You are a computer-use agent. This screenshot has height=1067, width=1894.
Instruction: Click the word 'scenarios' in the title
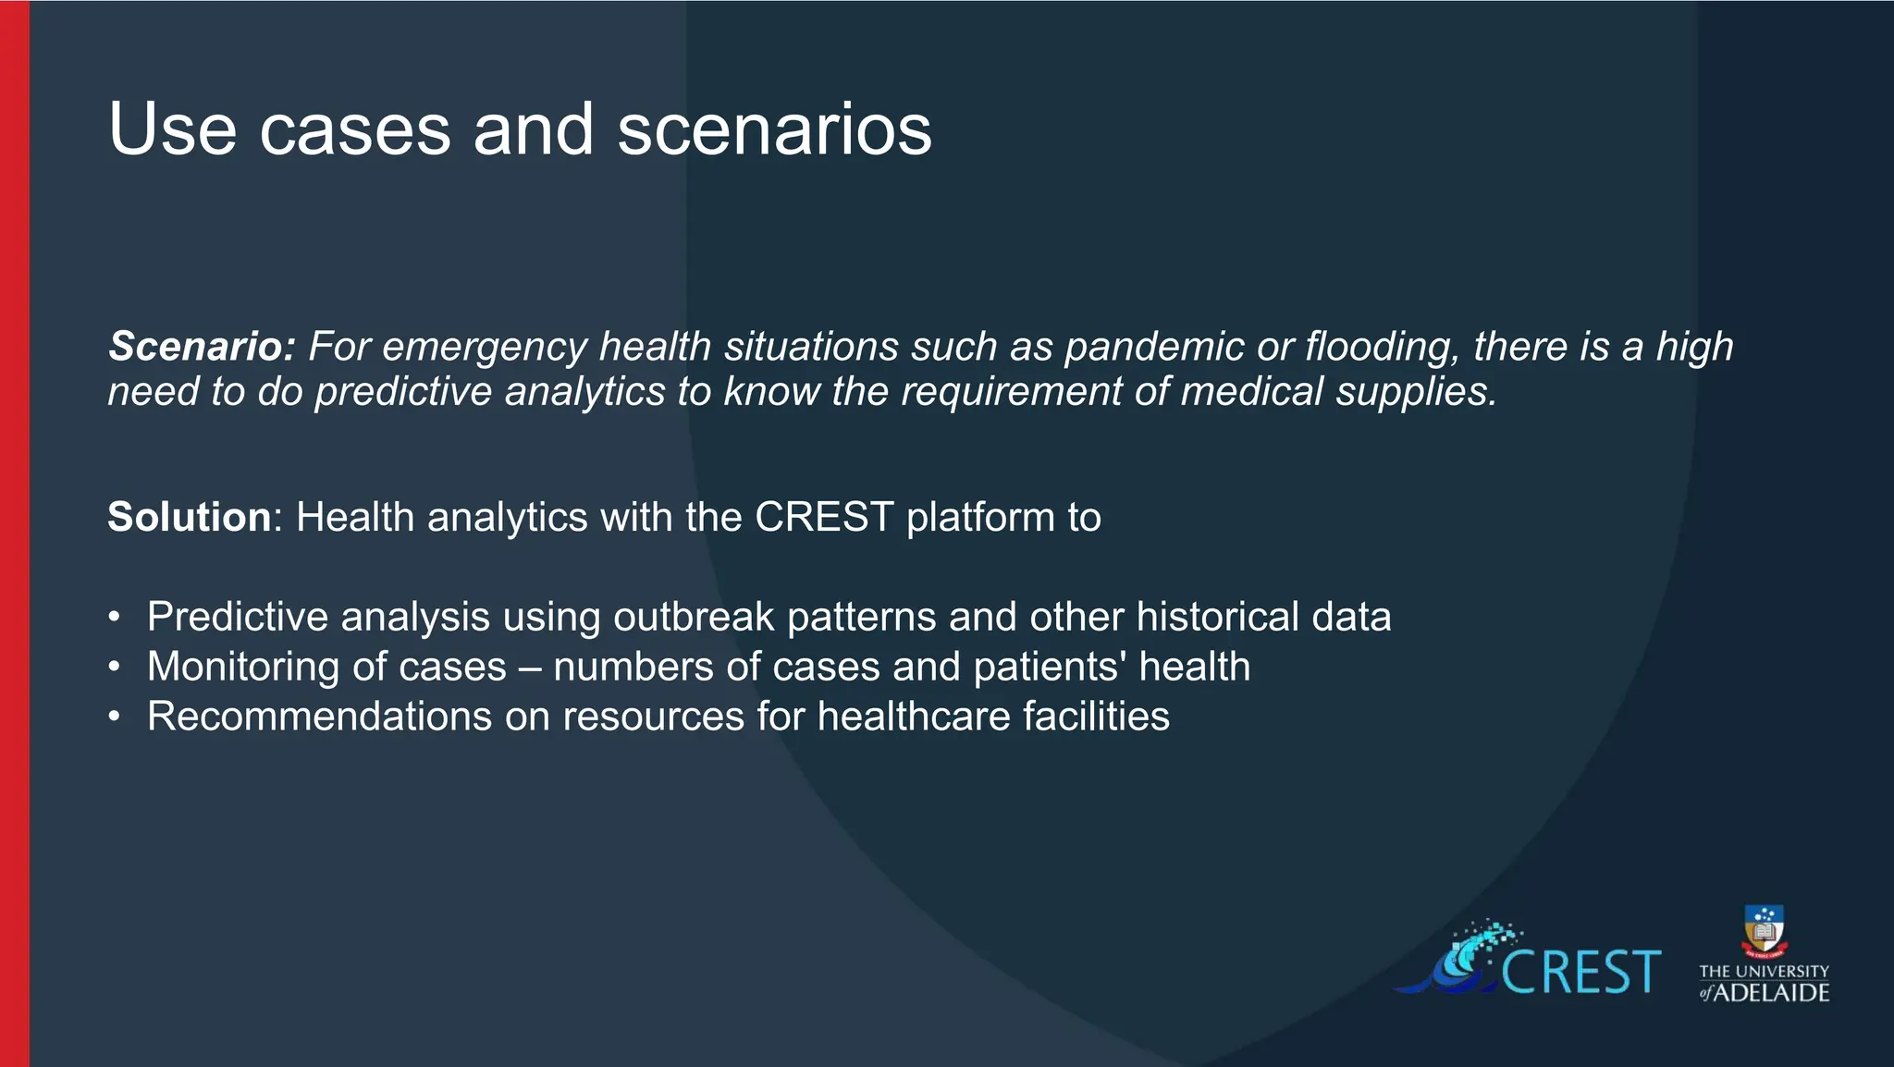(x=774, y=129)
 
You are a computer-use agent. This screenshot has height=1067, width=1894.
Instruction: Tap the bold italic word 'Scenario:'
(x=201, y=347)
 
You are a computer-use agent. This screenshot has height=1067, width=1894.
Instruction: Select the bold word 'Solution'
(x=189, y=517)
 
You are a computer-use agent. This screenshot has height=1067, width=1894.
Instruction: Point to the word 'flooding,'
(x=1382, y=347)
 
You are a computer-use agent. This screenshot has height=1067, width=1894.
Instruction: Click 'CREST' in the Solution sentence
(x=824, y=517)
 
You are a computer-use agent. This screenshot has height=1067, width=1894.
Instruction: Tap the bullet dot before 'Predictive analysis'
(x=114, y=618)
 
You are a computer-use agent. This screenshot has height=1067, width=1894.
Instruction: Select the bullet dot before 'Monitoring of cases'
(x=114, y=668)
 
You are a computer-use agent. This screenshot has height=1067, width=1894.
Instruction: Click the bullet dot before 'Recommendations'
(x=114, y=717)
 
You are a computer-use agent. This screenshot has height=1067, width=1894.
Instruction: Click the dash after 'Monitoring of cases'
(x=530, y=668)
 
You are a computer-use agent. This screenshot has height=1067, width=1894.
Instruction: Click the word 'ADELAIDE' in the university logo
(x=1772, y=993)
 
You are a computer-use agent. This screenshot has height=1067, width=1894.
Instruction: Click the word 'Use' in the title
(x=172, y=129)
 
